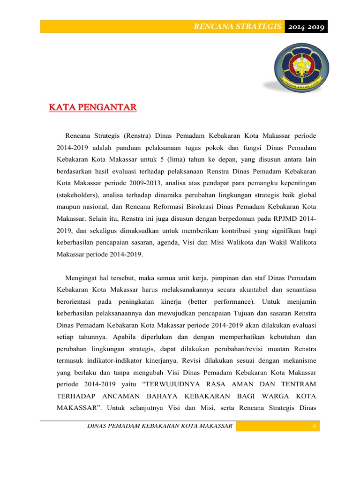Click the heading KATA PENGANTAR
(93, 108)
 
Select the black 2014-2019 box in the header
(306, 27)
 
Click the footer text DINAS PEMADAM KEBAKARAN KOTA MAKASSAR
(160, 426)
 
